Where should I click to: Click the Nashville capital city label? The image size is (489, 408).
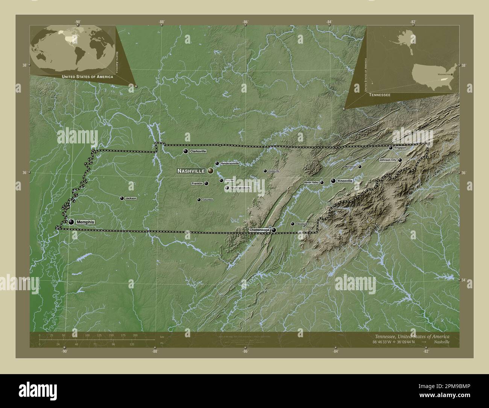click(x=191, y=171)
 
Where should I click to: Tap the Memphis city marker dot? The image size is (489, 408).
click(x=71, y=222)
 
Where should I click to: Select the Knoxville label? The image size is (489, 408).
click(x=345, y=181)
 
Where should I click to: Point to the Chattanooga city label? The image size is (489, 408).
click(x=260, y=230)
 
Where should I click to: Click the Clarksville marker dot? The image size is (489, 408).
click(x=185, y=151)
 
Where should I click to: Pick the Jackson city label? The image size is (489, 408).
click(x=131, y=198)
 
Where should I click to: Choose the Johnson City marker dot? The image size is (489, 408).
click(x=400, y=160)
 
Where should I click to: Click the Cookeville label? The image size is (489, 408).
click(x=273, y=171)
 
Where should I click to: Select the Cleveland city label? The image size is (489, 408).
click(x=301, y=224)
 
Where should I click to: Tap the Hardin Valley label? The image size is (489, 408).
click(x=311, y=183)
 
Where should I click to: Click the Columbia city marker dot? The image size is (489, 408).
click(x=199, y=200)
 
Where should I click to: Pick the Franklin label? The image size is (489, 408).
click(x=197, y=183)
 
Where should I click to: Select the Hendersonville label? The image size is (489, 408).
click(x=229, y=163)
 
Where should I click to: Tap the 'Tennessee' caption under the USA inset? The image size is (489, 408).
click(x=380, y=96)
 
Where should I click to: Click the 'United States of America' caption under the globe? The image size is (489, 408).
click(x=87, y=77)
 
